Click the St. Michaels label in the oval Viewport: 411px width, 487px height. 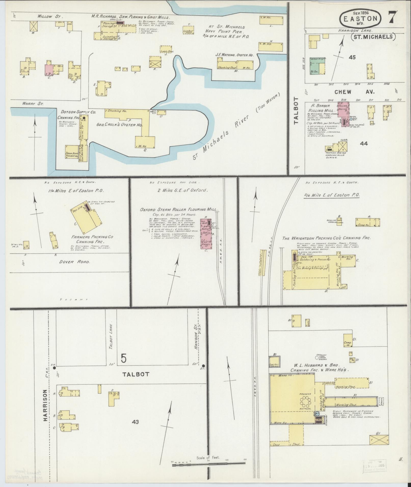tap(373, 37)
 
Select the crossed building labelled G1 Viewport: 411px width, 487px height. tap(379, 439)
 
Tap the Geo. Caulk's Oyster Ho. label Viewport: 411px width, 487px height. tap(120, 125)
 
